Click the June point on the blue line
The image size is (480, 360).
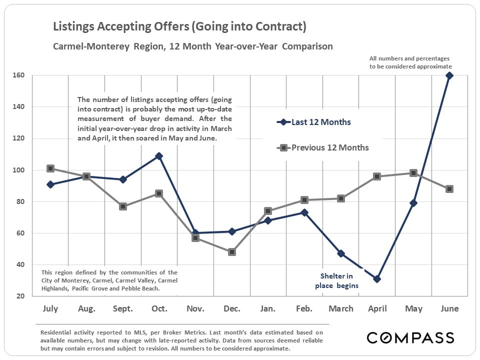click(x=449, y=75)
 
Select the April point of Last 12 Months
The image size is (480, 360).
click(x=377, y=279)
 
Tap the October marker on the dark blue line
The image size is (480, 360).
click(x=159, y=156)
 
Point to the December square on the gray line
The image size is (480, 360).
click(x=232, y=252)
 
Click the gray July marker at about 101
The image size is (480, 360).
click(x=50, y=168)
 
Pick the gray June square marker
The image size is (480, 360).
click(x=449, y=189)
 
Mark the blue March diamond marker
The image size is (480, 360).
click(x=341, y=253)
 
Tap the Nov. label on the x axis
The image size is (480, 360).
click(x=195, y=309)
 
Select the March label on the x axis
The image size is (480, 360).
click(x=341, y=309)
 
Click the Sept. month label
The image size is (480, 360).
click(x=123, y=309)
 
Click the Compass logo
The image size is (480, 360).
click(x=410, y=337)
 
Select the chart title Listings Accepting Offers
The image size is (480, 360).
click(x=179, y=26)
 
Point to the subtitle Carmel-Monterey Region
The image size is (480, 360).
click(x=192, y=46)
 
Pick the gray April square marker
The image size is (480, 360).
click(x=377, y=176)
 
